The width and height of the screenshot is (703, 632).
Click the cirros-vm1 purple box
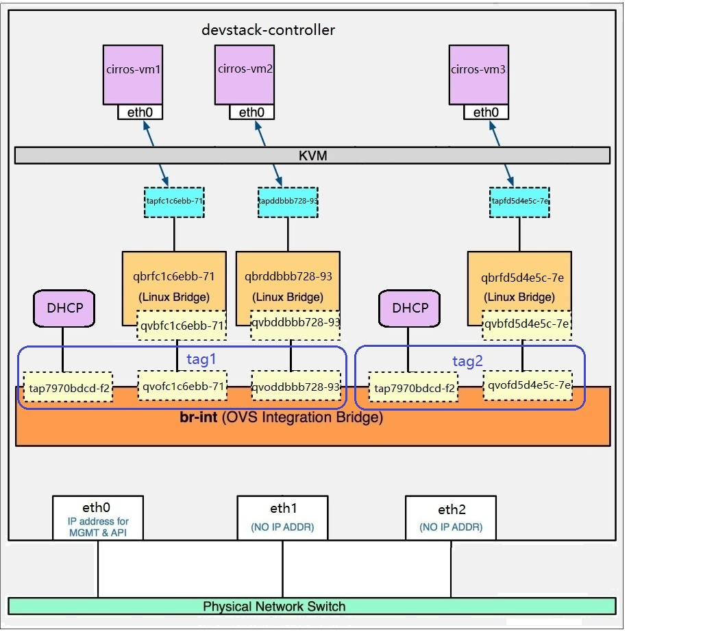[133, 75]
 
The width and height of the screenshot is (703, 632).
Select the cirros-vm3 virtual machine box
[479, 75]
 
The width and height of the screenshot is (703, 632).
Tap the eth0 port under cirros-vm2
[251, 112]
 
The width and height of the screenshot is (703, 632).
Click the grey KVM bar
[312, 156]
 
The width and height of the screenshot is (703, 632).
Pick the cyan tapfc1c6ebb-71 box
[175, 202]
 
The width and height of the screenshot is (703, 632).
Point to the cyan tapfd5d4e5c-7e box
[519, 202]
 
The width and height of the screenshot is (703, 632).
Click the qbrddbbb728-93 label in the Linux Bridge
[288, 276]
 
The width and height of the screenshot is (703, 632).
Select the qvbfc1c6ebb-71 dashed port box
[182, 325]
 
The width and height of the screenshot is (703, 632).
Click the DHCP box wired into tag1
[64, 308]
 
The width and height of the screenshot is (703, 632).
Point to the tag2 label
[467, 361]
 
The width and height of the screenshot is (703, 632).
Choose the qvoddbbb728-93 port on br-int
[296, 386]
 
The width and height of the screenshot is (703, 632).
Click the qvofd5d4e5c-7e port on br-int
[528, 385]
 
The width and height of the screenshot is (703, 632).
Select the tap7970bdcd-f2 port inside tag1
[68, 387]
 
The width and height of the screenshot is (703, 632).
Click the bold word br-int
[199, 417]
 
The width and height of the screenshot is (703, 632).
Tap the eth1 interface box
[282, 518]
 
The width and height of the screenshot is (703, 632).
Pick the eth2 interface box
[451, 518]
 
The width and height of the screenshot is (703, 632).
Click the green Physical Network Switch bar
[312, 606]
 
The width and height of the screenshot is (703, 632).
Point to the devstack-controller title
[268, 30]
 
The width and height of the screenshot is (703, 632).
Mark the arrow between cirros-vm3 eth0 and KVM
[495, 133]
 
